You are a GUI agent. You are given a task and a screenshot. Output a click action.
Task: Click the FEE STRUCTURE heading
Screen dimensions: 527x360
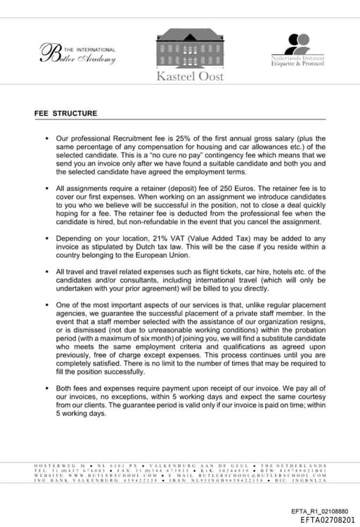[x=66, y=112]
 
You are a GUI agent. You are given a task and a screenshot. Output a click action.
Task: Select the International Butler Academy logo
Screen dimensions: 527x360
[x=79, y=53]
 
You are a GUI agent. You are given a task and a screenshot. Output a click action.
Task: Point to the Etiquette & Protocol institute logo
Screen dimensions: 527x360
[x=298, y=51]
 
